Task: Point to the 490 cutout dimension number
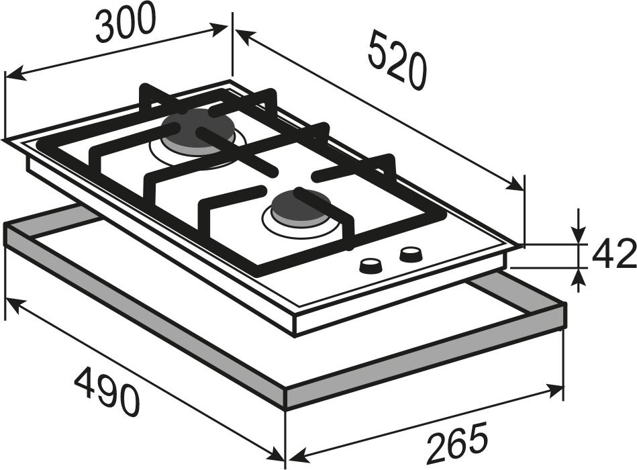pyautogui.click(x=107, y=391)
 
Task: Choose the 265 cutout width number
pyautogui.click(x=457, y=443)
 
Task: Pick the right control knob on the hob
pyautogui.click(x=411, y=254)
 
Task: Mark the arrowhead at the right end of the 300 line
pyautogui.click(x=219, y=30)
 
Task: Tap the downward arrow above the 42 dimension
pyautogui.click(x=579, y=235)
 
